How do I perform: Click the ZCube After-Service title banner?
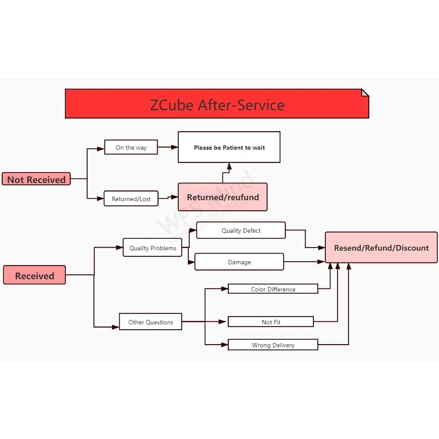click(x=217, y=104)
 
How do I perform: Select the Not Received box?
click(x=36, y=179)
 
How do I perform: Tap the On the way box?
click(x=131, y=147)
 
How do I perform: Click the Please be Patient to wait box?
click(x=229, y=147)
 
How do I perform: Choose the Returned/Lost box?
click(x=131, y=198)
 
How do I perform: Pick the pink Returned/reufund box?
click(x=222, y=197)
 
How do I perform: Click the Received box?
click(x=34, y=275)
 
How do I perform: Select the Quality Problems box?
click(x=153, y=248)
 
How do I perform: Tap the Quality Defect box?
click(x=241, y=230)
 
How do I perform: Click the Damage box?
click(x=239, y=262)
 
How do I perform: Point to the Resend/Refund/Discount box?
click(x=381, y=247)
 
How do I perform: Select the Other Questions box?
click(x=150, y=322)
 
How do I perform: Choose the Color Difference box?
click(x=273, y=289)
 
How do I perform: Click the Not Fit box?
click(x=271, y=322)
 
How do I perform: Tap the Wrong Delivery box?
click(x=273, y=345)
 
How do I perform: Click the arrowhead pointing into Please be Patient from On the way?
click(x=175, y=147)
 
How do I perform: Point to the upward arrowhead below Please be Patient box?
click(x=229, y=166)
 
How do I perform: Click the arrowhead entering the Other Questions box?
click(x=116, y=327)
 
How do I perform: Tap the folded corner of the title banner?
click(x=365, y=93)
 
